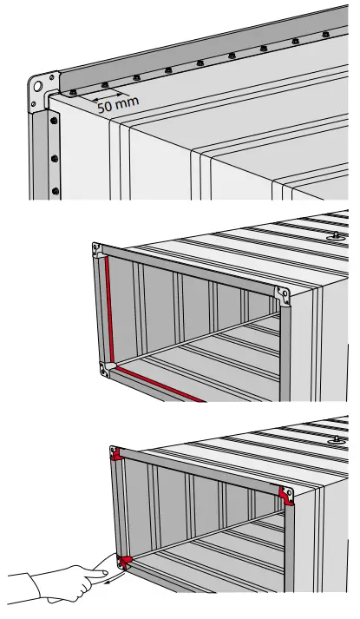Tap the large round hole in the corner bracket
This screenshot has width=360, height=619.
(x=37, y=88)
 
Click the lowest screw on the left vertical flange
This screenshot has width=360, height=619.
(x=54, y=188)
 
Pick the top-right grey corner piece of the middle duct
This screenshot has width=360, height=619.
(x=282, y=293)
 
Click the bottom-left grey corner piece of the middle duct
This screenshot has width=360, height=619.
(x=106, y=369)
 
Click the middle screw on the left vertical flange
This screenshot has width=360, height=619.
(x=54, y=158)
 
